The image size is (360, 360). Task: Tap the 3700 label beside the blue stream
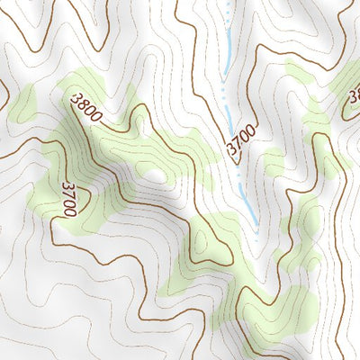[x=241, y=142]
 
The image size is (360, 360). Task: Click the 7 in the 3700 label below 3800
[x=67, y=193]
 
